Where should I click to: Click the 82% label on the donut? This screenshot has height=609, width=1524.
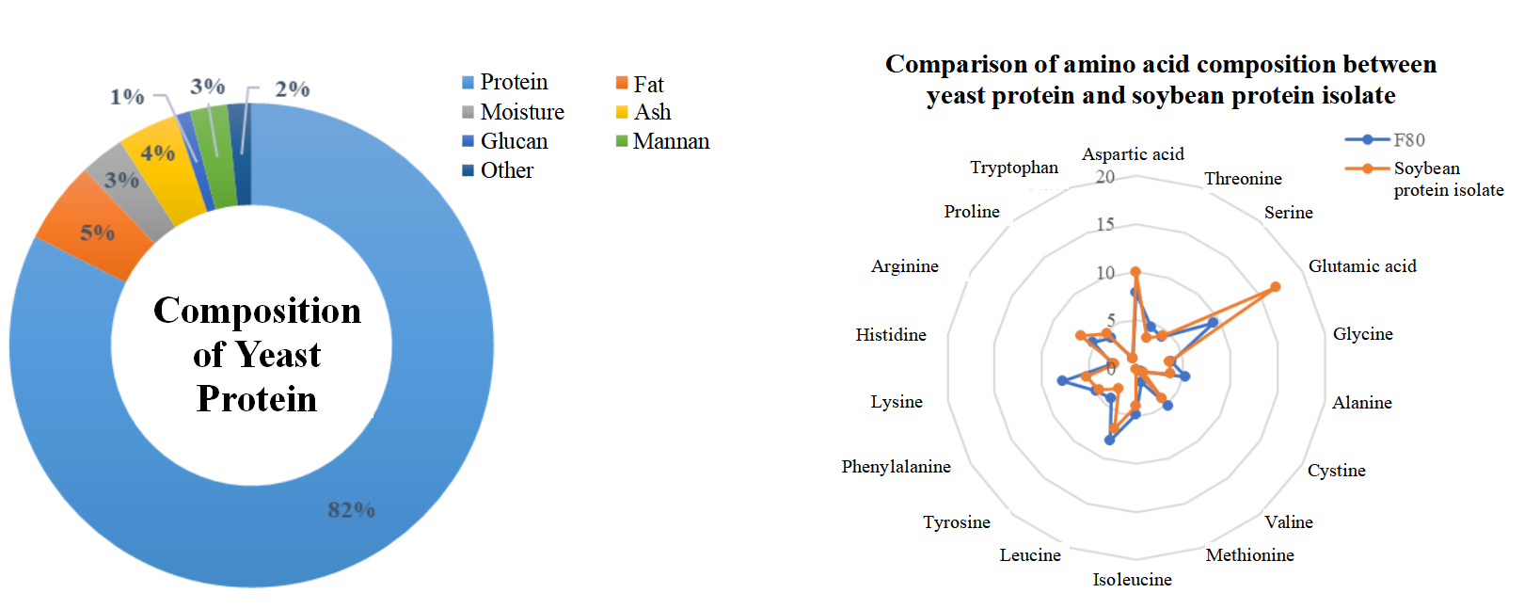351,510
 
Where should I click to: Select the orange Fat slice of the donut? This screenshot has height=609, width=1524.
94,229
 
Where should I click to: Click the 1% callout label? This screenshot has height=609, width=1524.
127,96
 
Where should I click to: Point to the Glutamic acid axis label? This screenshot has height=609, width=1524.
1361,266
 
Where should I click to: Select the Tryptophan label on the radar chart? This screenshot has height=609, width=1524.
1014,168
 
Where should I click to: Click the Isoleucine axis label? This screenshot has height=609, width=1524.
1132,580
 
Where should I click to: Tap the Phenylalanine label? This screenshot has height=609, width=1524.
896,467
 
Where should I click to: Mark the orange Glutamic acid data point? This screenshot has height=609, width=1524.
1275,287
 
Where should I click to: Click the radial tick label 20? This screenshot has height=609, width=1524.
1105,177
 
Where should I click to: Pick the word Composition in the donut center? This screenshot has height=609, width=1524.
257,311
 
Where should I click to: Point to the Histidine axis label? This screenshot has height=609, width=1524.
891,335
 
